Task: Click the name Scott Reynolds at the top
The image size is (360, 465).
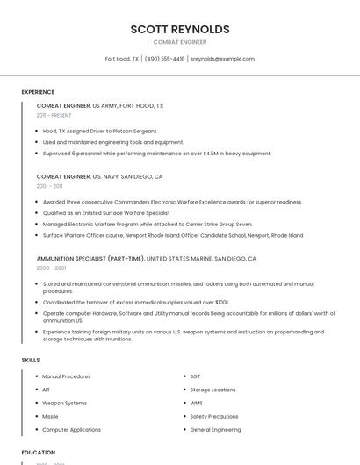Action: pos(180,29)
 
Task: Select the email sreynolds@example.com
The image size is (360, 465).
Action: pos(222,59)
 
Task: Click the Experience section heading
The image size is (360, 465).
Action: pos(38,92)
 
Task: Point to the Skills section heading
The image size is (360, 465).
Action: pos(31,360)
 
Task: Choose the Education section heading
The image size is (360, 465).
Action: pos(39,453)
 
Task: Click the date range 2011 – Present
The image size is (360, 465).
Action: pos(54,115)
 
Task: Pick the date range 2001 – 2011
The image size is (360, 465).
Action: pos(49,186)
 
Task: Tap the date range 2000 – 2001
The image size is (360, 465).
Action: pos(51,268)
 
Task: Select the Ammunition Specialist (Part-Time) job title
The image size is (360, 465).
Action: pos(90,259)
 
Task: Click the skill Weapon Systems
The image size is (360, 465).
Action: pos(64,403)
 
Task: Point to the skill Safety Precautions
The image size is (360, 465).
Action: pos(213,416)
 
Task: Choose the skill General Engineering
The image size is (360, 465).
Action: pos(215,430)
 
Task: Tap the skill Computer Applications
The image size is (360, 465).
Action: pos(71,430)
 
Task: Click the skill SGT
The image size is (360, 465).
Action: pos(195,376)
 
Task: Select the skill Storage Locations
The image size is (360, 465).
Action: pos(212,390)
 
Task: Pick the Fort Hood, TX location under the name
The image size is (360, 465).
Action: pos(122,59)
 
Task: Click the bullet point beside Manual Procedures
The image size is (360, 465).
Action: pos(37,376)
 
